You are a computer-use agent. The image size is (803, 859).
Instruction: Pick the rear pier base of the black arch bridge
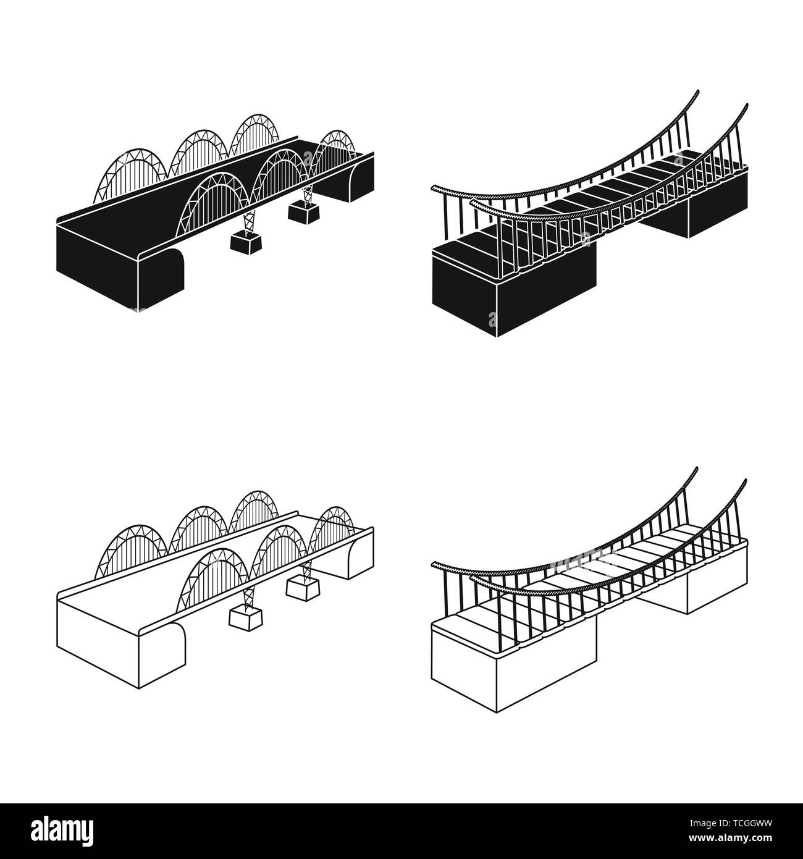pyautogui.click(x=304, y=213)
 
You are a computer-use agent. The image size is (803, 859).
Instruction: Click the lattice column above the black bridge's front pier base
pyautogui.click(x=248, y=219)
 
